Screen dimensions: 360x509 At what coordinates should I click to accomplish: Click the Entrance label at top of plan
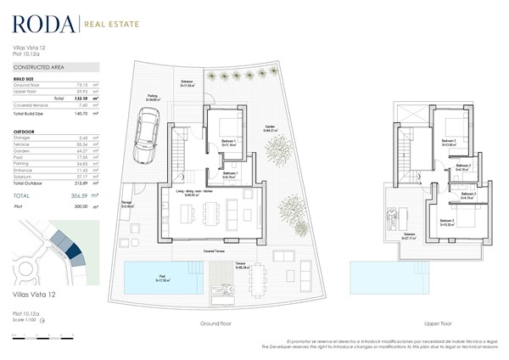coord(187,84)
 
